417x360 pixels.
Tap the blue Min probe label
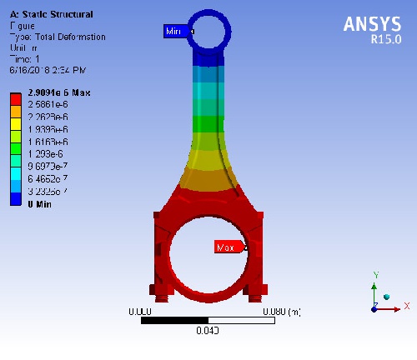(x=175, y=31)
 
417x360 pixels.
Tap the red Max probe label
(x=226, y=247)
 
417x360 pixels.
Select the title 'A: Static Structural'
(x=51, y=15)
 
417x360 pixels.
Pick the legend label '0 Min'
(x=41, y=204)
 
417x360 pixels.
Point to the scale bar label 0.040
(x=208, y=330)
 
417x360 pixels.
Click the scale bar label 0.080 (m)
(x=281, y=312)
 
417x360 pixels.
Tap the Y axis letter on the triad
(x=376, y=274)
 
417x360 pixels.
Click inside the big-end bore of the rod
(x=208, y=251)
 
